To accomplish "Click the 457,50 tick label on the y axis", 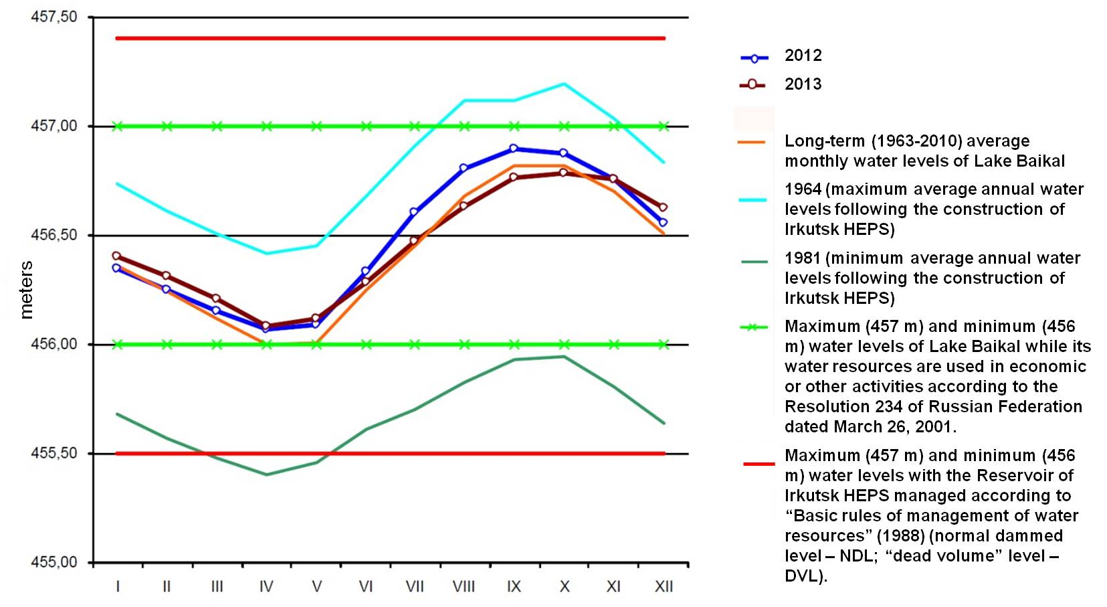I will (54, 17).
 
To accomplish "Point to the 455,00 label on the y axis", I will (54, 562).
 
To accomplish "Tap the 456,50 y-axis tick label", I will (54, 236).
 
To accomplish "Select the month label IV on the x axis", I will (266, 587).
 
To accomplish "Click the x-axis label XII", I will (664, 587).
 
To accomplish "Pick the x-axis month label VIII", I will (464, 587).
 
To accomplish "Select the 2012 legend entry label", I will (803, 56).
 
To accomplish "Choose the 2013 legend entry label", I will (803, 84).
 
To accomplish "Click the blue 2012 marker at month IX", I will (514, 149).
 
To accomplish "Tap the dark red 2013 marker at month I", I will (117, 256).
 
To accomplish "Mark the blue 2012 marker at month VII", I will (414, 212).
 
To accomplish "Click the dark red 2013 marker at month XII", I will (664, 207).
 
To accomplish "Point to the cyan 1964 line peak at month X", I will (564, 84).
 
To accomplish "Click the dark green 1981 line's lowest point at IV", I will (267, 474).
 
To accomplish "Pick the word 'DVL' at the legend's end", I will (801, 576).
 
